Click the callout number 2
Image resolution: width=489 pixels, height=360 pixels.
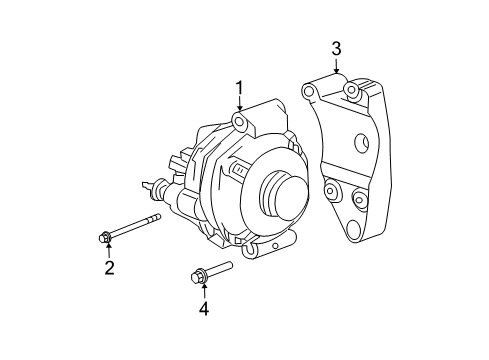coord(109,267)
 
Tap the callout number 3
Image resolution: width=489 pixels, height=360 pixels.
coord(336,48)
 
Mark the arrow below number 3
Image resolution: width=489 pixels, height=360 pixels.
coord(336,68)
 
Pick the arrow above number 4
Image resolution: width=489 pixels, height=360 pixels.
coord(203,289)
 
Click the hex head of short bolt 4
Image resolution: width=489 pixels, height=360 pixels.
coord(197,275)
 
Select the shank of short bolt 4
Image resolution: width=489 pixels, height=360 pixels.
coord(220,268)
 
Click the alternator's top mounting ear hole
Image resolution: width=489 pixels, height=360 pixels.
coord(239,122)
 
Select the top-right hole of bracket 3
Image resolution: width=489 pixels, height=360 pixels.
coord(352,93)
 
